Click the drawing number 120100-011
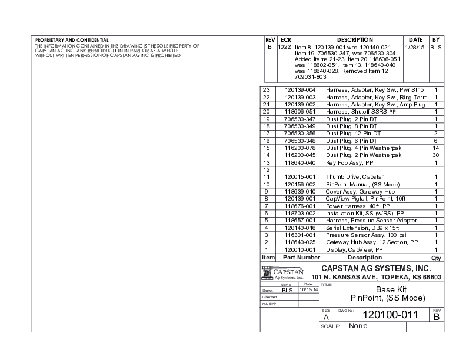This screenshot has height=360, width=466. point(390,315)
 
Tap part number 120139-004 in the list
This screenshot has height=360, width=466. point(300,89)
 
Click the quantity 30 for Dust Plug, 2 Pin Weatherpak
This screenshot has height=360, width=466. point(436,155)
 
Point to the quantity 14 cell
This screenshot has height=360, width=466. point(436,148)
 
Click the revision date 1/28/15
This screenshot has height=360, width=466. point(416,46)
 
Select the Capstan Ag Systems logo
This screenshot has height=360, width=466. point(282,274)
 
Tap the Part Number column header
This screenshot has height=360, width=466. point(301,258)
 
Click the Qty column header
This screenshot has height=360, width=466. point(436,258)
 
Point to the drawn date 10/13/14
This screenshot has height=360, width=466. point(308,289)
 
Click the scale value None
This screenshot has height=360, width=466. point(358,326)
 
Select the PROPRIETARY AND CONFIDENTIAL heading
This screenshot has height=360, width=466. point(80,40)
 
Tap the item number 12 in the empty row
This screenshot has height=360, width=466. point(266,169)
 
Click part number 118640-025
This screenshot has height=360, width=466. point(300,242)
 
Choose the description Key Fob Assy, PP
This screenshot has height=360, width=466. point(349,162)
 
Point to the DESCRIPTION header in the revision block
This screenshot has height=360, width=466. point(355,39)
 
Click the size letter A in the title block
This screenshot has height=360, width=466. point(327,317)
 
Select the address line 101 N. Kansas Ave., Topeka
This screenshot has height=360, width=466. point(377,277)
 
